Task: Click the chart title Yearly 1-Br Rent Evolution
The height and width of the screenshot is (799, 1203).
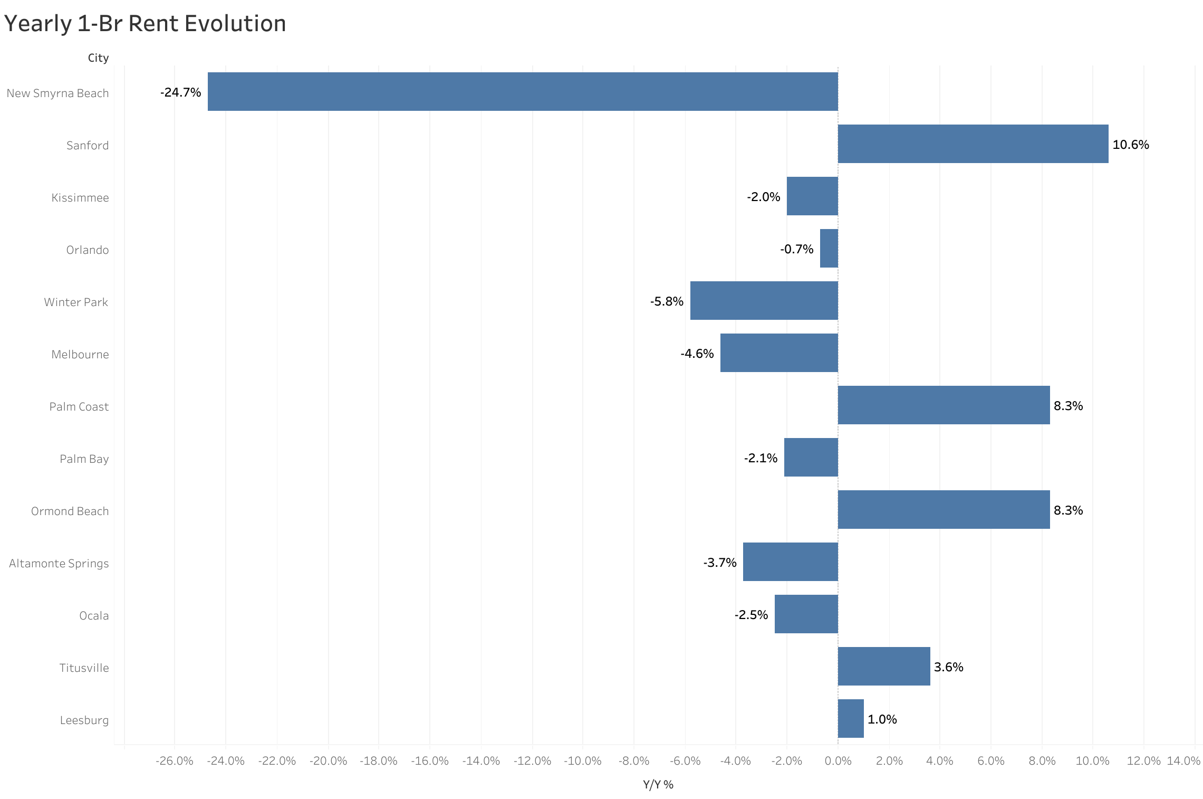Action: pyautogui.click(x=145, y=24)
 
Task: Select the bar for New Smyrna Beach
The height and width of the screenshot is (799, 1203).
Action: pyautogui.click(x=522, y=91)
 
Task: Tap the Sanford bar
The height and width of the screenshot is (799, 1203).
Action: pyautogui.click(x=973, y=144)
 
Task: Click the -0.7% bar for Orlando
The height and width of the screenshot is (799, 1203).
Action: pyautogui.click(x=829, y=248)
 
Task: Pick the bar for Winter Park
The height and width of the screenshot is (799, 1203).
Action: pyautogui.click(x=764, y=300)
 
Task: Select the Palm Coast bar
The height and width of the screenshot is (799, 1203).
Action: pyautogui.click(x=944, y=405)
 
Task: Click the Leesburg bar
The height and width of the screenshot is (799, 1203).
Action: pyautogui.click(x=850, y=718)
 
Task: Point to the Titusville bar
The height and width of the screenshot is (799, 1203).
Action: pyautogui.click(x=883, y=666)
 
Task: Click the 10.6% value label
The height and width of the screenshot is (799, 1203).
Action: pyautogui.click(x=1130, y=145)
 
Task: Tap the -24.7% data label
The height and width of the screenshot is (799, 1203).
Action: pyautogui.click(x=180, y=92)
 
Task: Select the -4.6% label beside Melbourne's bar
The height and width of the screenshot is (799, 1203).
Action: pyautogui.click(x=697, y=354)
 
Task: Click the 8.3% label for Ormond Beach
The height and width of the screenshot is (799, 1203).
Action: pyautogui.click(x=1068, y=510)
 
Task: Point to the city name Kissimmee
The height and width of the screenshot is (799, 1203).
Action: pyautogui.click(x=80, y=197)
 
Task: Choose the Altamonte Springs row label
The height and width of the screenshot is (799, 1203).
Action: pyautogui.click(x=59, y=563)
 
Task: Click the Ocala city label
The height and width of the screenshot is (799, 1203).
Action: pyautogui.click(x=94, y=615)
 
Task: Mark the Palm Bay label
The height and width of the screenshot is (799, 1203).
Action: pyautogui.click(x=84, y=459)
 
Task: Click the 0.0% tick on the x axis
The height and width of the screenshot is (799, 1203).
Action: pyautogui.click(x=838, y=760)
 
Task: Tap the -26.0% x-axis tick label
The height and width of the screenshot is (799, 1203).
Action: pyautogui.click(x=174, y=760)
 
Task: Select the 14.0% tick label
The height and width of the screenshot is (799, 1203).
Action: pyautogui.click(x=1183, y=760)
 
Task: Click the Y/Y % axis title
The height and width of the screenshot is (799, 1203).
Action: pyautogui.click(x=658, y=784)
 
